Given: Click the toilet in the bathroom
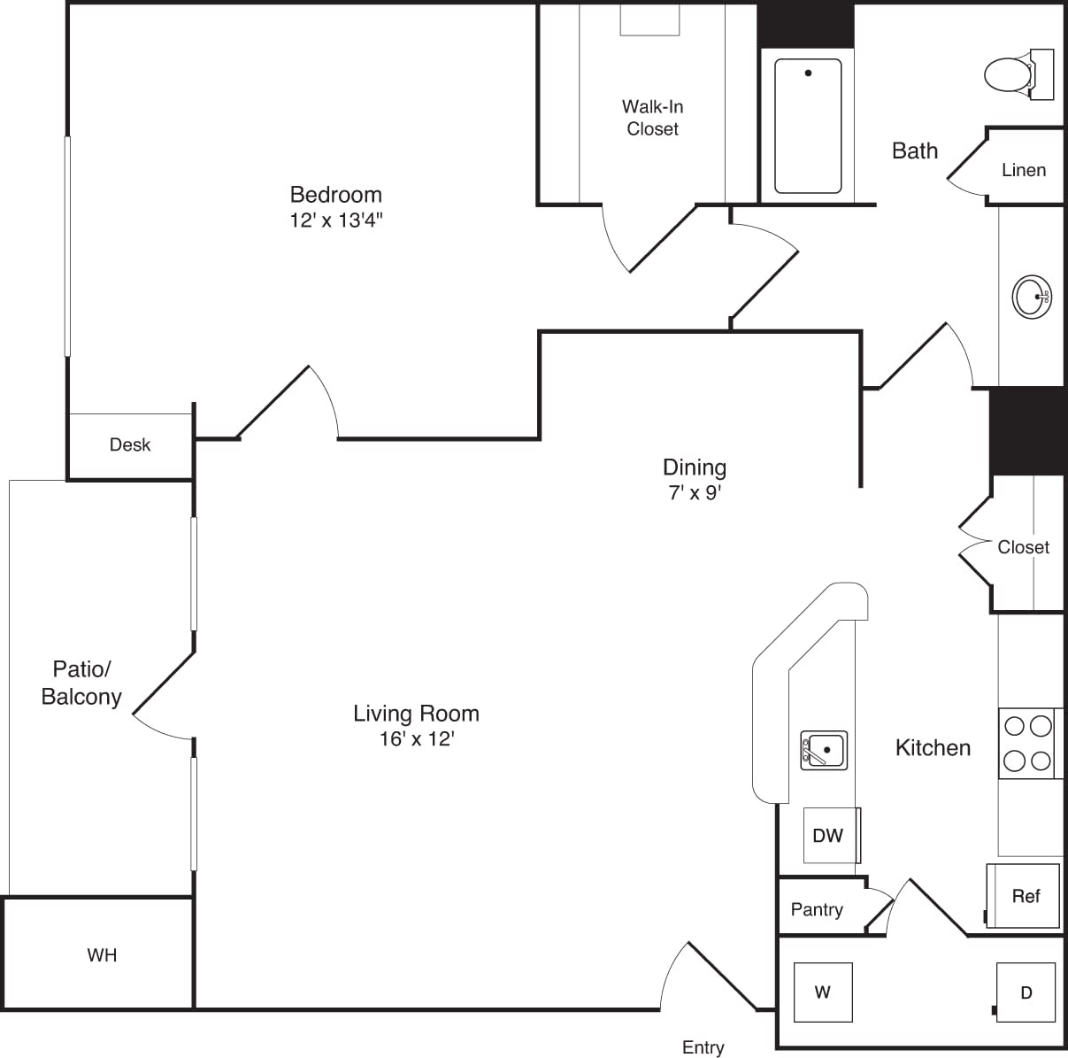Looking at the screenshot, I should [x=1012, y=73].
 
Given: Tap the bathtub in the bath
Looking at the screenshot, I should [x=808, y=126].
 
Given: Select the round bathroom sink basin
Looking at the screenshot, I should [x=1030, y=297].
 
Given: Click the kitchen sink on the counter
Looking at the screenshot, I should [x=824, y=750].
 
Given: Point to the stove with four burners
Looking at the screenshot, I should [x=1028, y=743].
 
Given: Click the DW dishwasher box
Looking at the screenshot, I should [x=829, y=835].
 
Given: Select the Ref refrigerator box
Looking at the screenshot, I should [x=1024, y=896].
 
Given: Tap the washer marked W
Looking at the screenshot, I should [x=823, y=992].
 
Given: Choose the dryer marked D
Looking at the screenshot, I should [x=1026, y=992].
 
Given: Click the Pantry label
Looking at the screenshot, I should [x=817, y=909].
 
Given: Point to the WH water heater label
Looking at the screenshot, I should [x=102, y=955].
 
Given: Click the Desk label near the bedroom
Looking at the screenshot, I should [x=130, y=444].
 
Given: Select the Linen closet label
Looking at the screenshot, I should [x=1024, y=170].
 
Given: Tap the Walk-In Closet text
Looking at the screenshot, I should [x=652, y=118].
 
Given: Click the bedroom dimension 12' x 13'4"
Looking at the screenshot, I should [x=336, y=220].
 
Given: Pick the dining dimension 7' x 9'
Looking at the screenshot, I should [x=695, y=492].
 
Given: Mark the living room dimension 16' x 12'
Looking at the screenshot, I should [x=416, y=738].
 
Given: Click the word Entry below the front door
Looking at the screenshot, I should [x=703, y=1047].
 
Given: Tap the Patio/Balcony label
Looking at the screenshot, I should [x=81, y=683].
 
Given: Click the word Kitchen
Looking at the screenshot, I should [x=933, y=748].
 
